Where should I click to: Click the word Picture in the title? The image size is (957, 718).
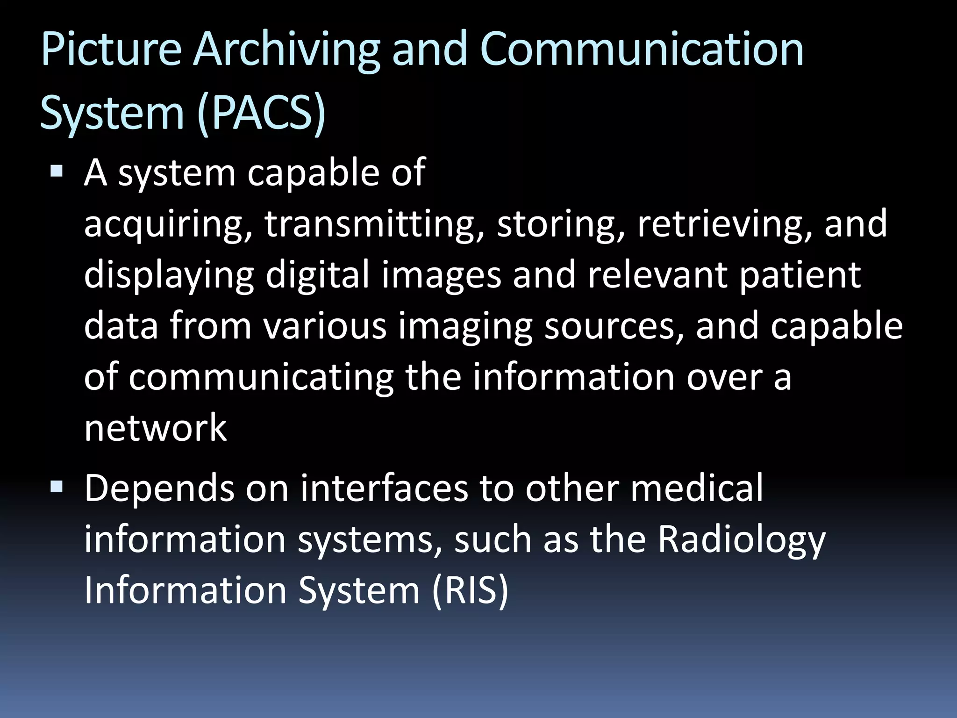click(111, 49)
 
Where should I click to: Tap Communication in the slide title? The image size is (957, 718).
click(642, 49)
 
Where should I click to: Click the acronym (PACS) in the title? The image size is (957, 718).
click(261, 113)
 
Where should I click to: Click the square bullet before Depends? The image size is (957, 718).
click(57, 488)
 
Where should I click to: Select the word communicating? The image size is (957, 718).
click(261, 378)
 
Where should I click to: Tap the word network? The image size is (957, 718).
click(155, 428)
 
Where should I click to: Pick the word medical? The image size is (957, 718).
click(697, 488)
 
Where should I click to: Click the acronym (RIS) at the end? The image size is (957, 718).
click(470, 590)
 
